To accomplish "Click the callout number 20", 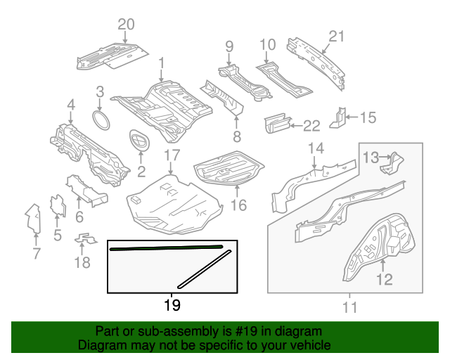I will [126, 25].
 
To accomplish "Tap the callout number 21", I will [337, 37].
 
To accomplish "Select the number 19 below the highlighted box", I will [172, 305].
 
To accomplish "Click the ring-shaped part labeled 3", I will [103, 119].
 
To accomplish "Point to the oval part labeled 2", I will [140, 141].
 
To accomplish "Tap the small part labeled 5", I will [57, 205].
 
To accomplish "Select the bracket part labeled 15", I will [340, 117].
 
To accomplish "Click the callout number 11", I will [349, 307].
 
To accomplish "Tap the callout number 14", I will [316, 148].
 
